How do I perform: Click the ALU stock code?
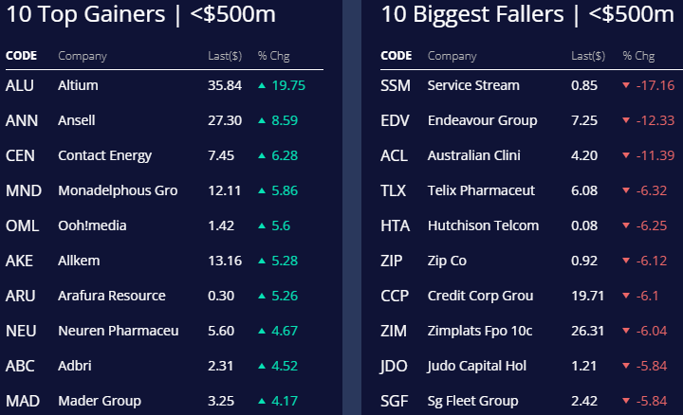point(19,85)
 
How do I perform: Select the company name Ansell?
point(77,120)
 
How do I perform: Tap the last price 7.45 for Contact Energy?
point(220,155)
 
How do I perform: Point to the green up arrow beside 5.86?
point(262,190)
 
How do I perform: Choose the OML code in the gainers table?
point(22,226)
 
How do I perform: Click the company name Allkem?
point(79,261)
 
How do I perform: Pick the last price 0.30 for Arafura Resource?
point(220,296)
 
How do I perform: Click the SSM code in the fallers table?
point(395,85)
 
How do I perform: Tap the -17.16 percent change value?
point(655,85)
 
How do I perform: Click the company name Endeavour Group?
point(482,120)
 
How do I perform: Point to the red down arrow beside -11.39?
point(626,155)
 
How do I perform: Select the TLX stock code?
point(393,190)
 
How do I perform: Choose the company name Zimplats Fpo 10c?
point(480,331)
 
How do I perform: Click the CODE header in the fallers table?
point(396,56)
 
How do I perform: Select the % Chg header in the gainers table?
point(274,56)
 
